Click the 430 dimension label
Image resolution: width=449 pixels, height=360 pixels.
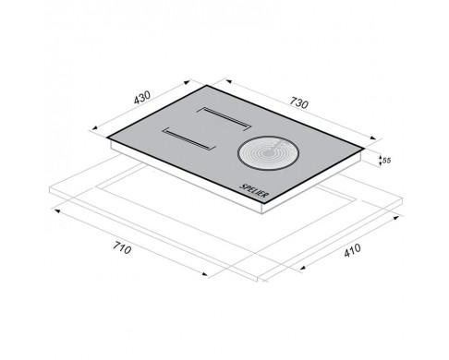pos(142,97)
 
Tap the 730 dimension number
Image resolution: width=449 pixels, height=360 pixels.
pos(298,103)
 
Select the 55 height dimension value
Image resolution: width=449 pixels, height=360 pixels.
pos(387,161)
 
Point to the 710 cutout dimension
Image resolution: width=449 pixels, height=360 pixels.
pos(122,247)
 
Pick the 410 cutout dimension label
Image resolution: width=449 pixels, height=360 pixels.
pos(352,250)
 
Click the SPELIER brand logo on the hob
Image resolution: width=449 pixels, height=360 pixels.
pos(254,191)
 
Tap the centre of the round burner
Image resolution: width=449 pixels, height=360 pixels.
pos(268,152)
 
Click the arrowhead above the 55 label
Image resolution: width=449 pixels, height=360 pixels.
pos(381,158)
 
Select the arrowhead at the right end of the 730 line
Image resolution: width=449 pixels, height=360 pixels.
pos(373,138)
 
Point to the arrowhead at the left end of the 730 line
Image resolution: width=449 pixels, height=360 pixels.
pos(228,81)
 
